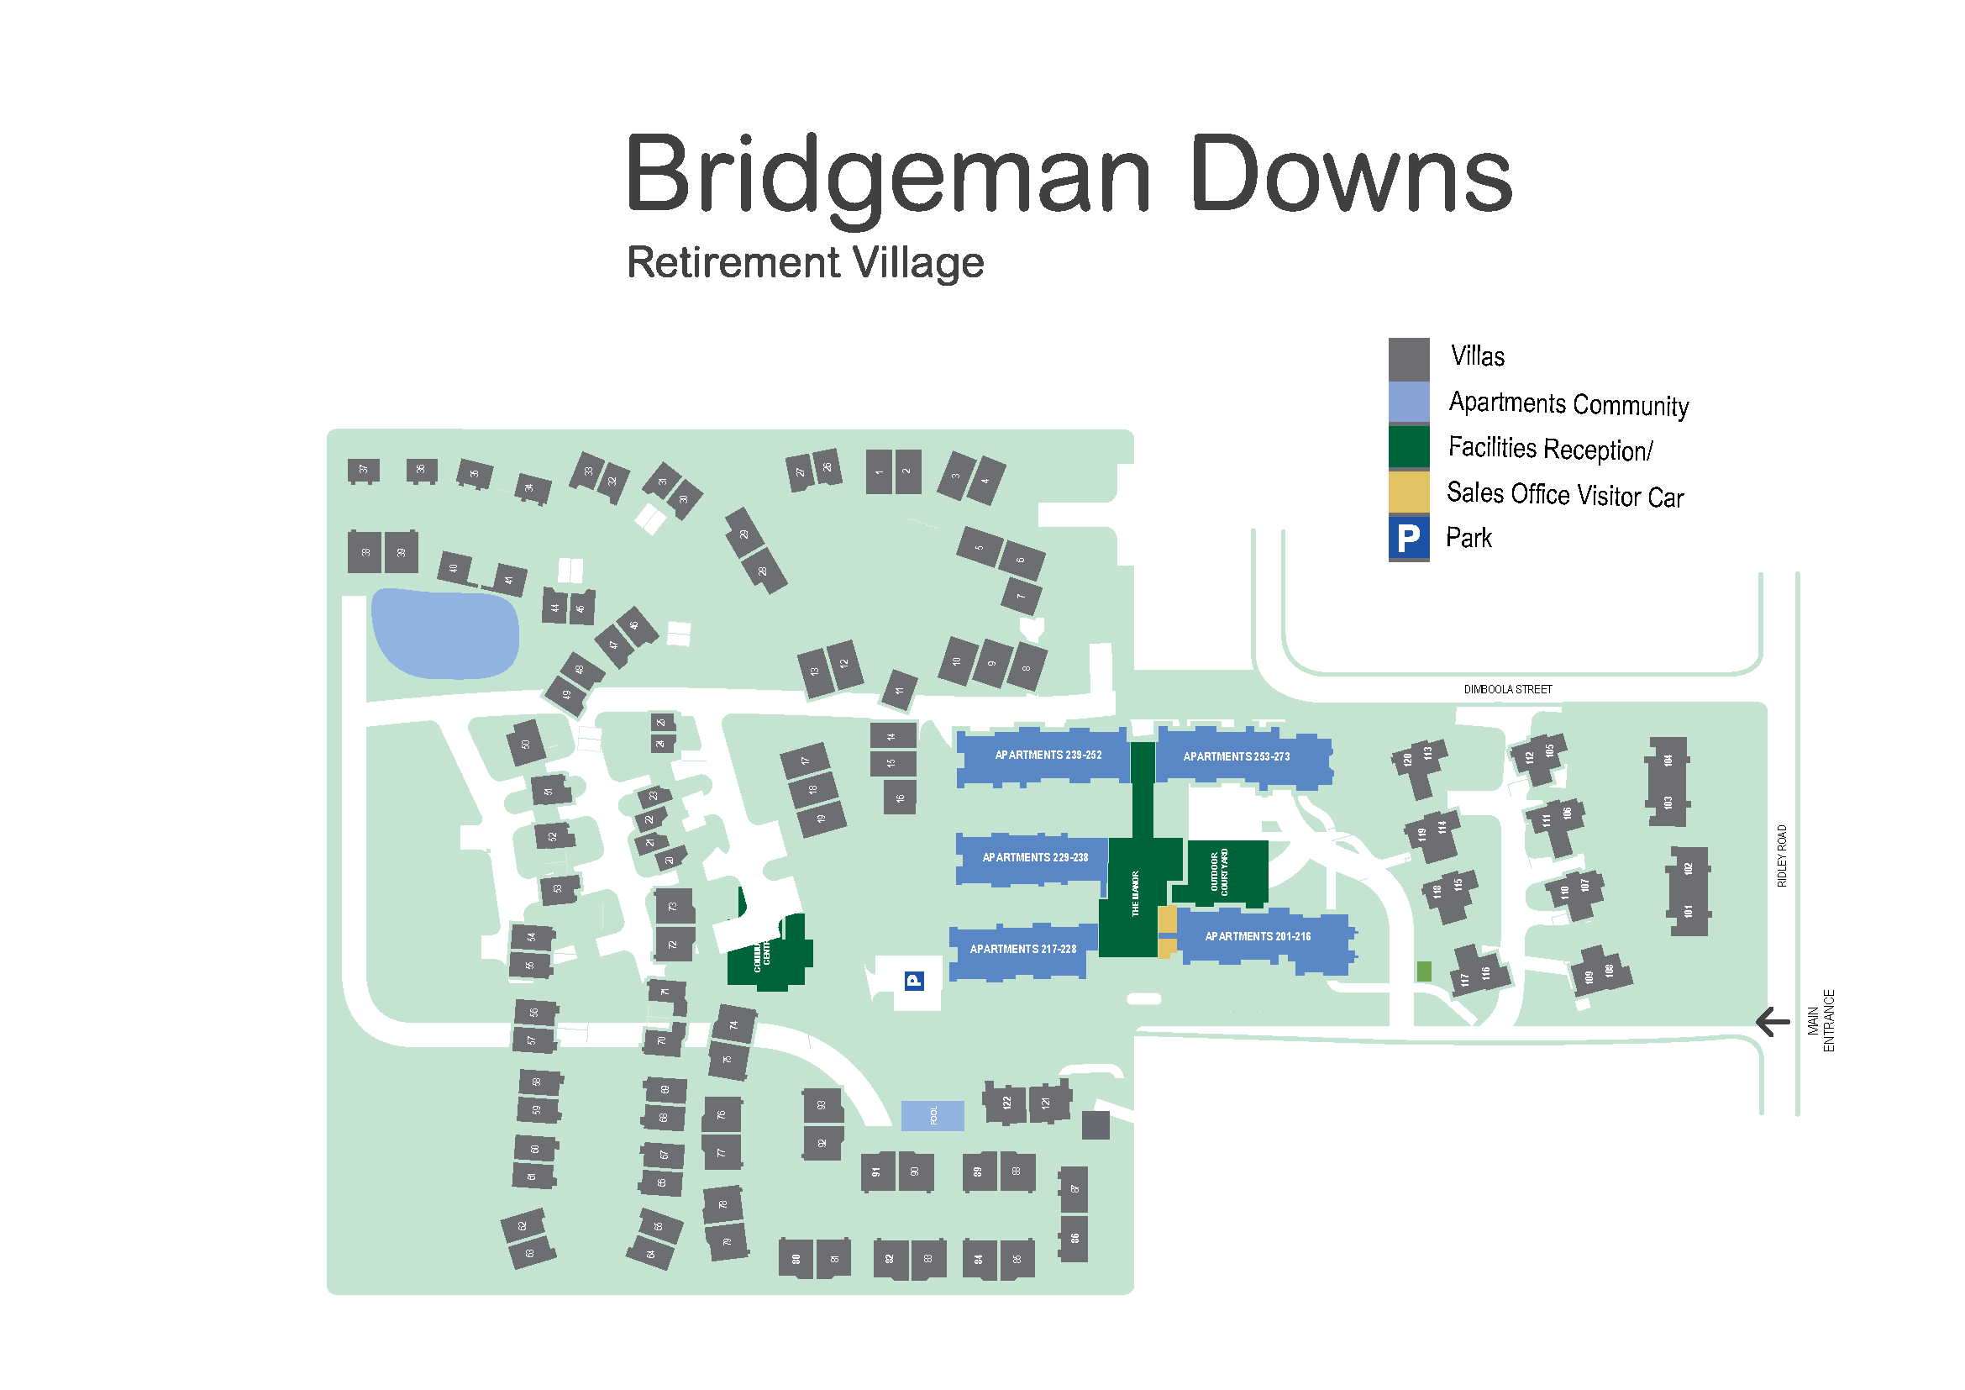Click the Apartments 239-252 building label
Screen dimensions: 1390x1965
[x=1048, y=755]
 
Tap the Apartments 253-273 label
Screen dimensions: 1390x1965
[x=1236, y=756]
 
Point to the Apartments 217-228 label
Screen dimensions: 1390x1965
[x=1022, y=949]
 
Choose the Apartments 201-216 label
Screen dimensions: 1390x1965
[x=1258, y=936]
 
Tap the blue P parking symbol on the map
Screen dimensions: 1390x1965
[x=914, y=981]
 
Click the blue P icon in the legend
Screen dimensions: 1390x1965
[x=1408, y=538]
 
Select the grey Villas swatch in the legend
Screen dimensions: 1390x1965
[x=1408, y=359]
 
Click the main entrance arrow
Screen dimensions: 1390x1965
[x=1772, y=1021]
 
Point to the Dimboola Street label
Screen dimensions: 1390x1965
[x=1507, y=689]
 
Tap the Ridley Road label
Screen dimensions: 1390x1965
[x=1782, y=855]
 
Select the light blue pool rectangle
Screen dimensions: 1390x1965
[x=932, y=1115]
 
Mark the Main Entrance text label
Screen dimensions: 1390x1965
[x=1821, y=1020]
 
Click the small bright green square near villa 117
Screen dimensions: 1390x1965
[x=1424, y=971]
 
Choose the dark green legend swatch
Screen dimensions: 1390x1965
[x=1408, y=447]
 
